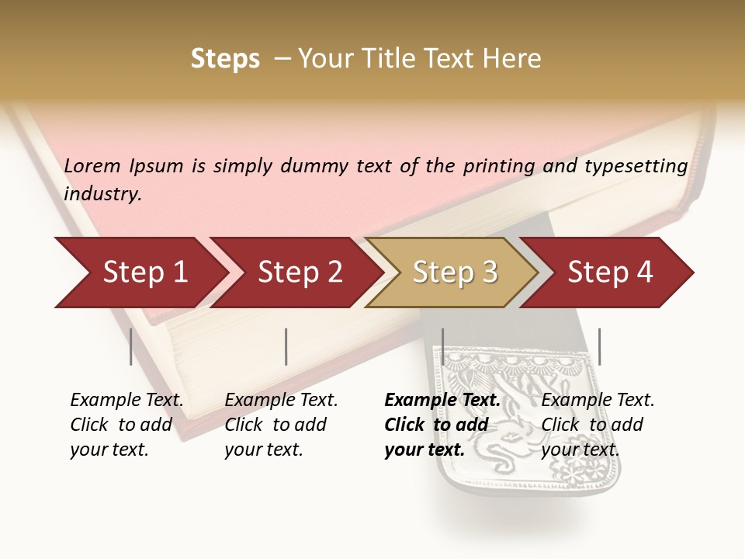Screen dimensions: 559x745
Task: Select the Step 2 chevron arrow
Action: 299,273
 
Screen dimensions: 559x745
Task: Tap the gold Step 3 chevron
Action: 454,273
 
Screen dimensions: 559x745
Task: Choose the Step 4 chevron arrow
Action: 609,273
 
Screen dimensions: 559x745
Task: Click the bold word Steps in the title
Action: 225,59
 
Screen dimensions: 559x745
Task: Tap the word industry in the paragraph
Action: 102,194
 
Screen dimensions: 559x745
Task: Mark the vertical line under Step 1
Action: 131,346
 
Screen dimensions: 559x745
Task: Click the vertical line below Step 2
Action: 286,346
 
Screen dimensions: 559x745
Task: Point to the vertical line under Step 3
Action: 442,346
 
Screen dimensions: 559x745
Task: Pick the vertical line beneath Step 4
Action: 599,346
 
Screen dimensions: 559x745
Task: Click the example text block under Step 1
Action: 126,425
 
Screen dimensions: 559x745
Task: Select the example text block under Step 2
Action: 281,425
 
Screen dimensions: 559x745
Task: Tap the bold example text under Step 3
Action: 442,425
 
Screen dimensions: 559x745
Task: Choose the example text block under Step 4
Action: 598,425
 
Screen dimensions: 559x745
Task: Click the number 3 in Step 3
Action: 488,273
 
